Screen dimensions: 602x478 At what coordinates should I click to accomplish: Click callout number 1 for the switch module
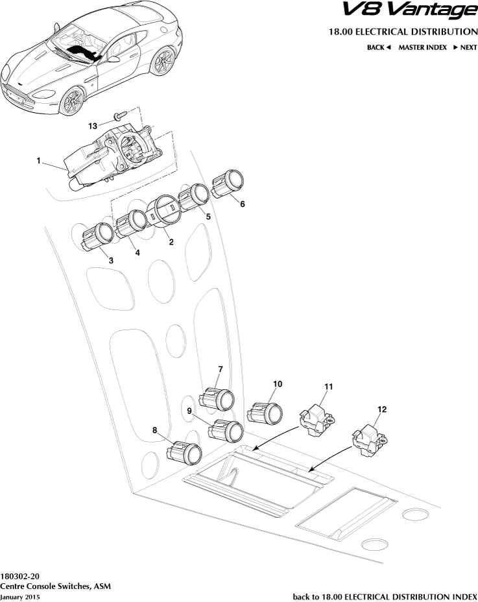tap(39, 160)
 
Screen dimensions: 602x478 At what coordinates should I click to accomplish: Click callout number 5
tap(208, 217)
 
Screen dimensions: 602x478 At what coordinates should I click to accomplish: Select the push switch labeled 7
tap(219, 398)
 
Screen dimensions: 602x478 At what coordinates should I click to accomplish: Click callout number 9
tap(190, 411)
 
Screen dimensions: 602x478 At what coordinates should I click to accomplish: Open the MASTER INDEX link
tap(422, 47)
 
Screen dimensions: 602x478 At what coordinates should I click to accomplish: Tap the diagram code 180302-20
tap(19, 575)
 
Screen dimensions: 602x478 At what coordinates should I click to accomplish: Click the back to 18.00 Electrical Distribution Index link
tap(385, 596)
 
